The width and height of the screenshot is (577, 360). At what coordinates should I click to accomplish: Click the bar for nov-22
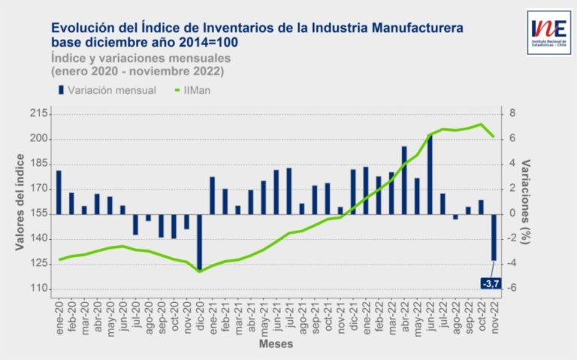(x=494, y=237)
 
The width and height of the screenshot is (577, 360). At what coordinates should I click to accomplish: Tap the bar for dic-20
(x=200, y=241)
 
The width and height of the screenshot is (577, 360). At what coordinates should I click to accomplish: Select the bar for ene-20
(x=59, y=192)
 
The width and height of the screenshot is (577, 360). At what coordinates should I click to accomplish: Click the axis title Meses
(x=276, y=345)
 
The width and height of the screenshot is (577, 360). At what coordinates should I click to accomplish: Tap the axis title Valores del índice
(x=20, y=202)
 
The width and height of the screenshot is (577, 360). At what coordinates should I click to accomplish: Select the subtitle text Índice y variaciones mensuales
(x=141, y=57)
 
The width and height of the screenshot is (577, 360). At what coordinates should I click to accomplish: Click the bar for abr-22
(x=404, y=180)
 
